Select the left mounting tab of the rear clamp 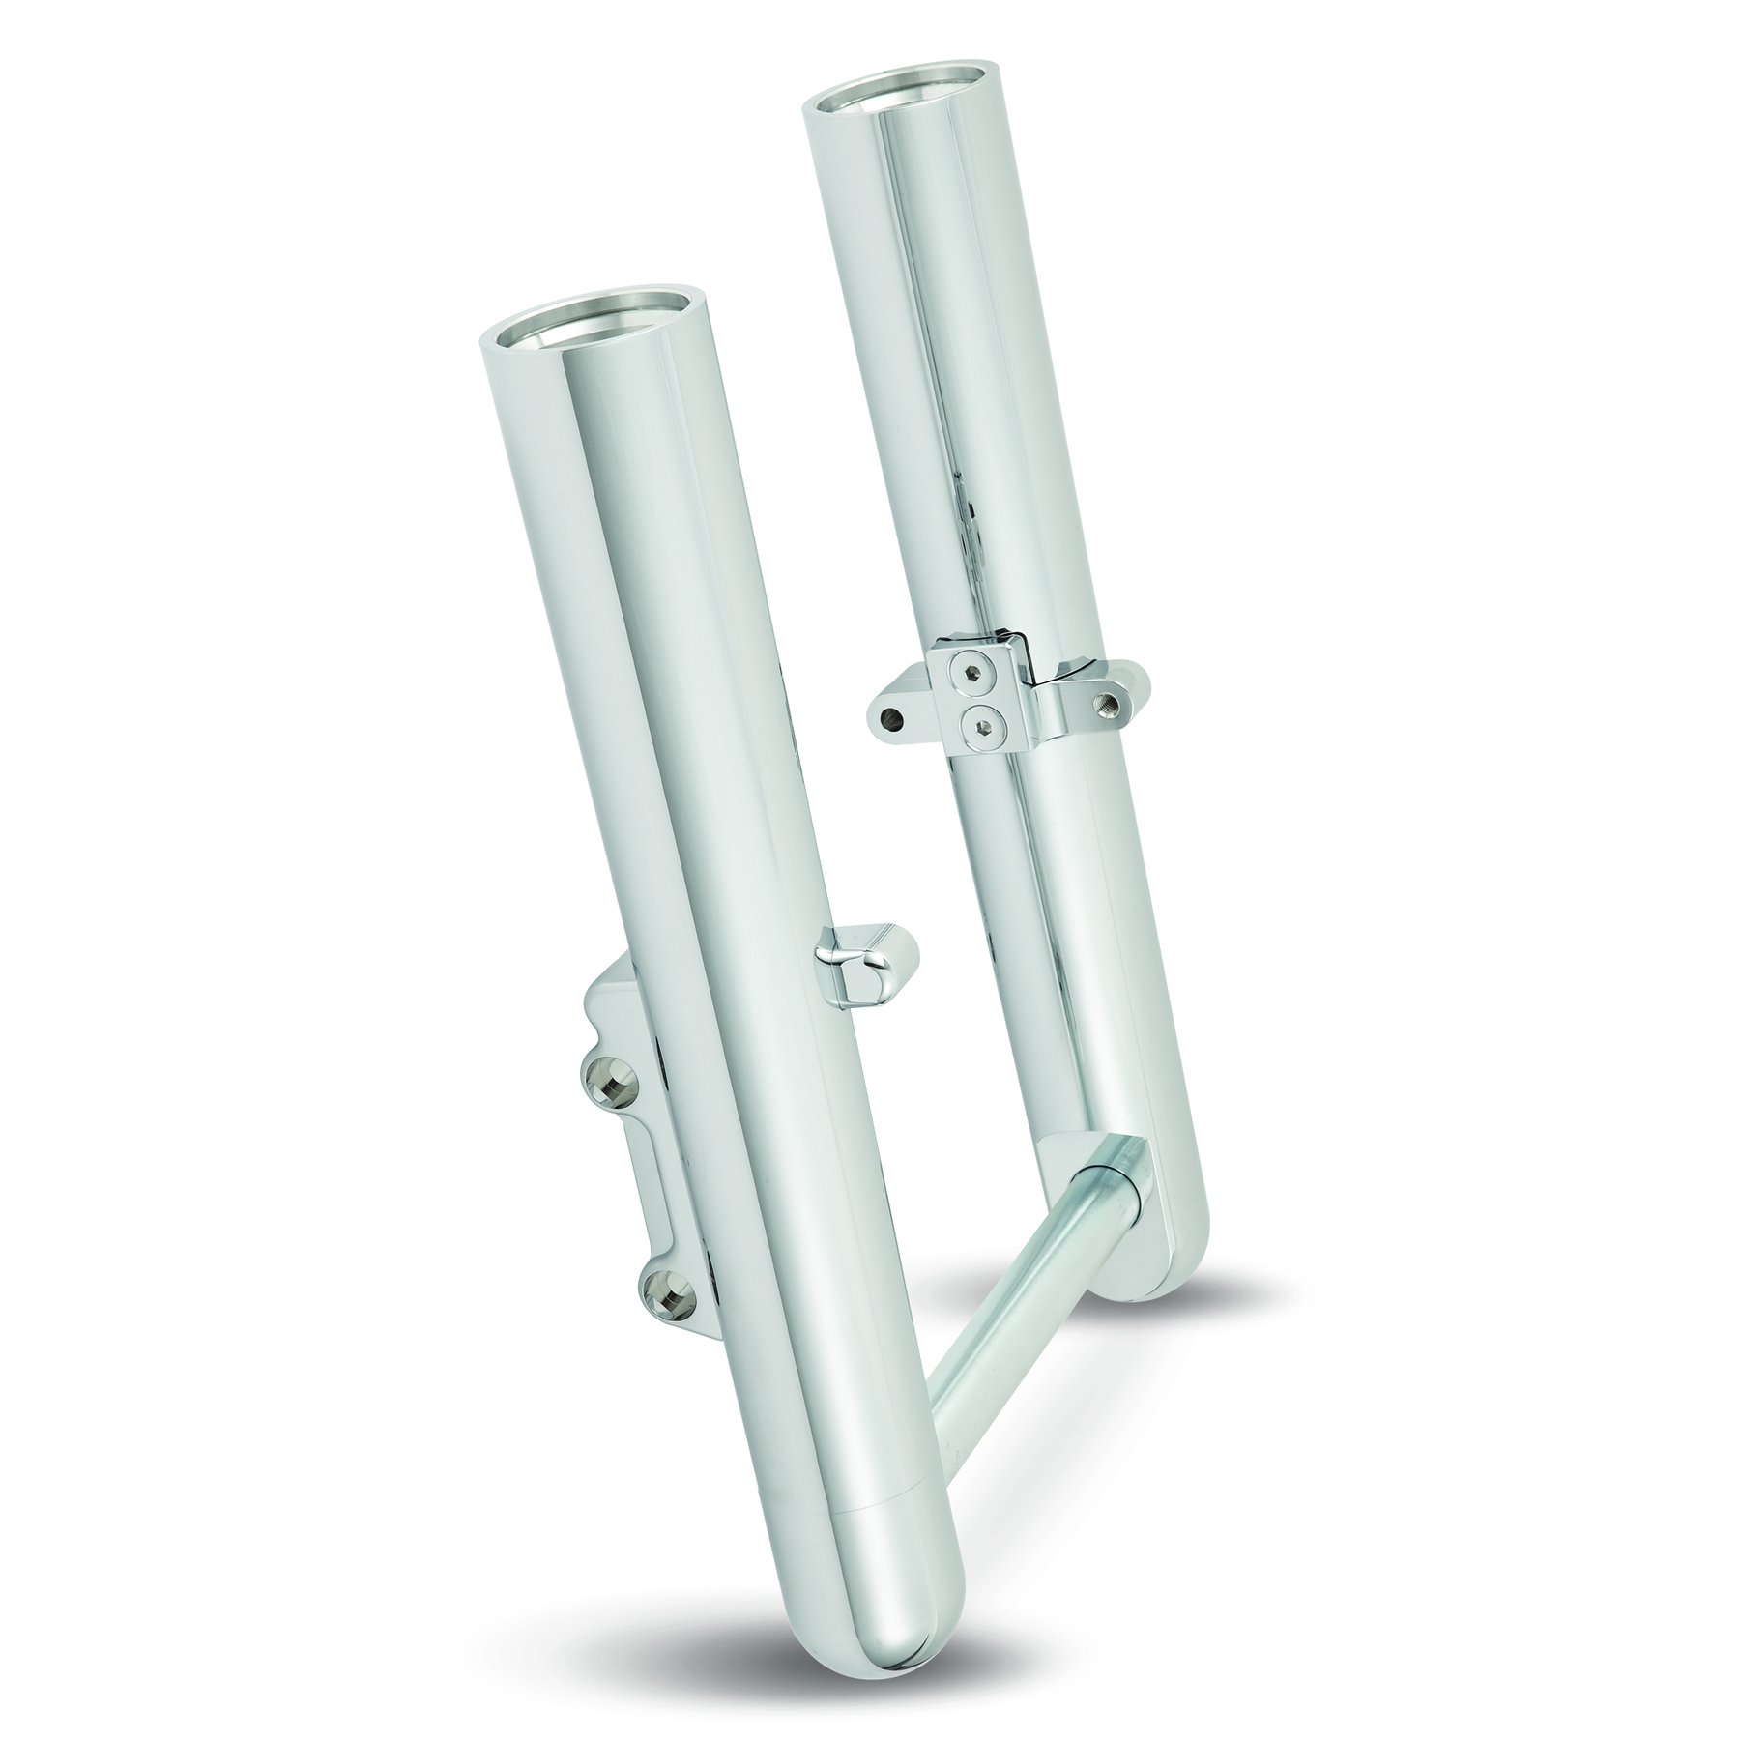coord(899,710)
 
